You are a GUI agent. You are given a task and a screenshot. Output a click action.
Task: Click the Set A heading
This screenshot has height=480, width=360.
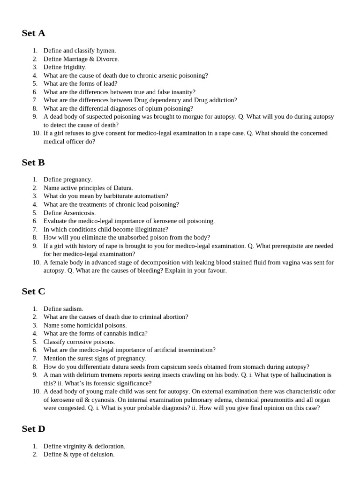point(33,33)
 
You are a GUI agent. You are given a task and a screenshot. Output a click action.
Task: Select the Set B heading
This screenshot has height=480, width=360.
point(33,163)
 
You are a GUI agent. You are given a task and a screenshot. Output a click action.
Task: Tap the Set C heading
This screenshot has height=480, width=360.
point(33,292)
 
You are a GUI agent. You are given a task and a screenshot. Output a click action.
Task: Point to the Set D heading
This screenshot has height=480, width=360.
point(33,429)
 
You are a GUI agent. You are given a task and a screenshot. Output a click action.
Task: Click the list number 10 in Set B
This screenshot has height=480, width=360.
point(37,262)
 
